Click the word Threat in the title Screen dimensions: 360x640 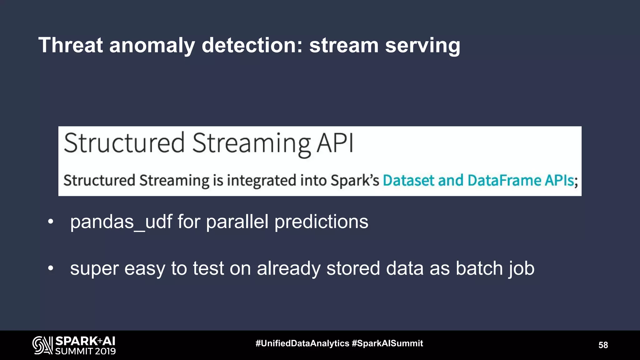pyautogui.click(x=70, y=45)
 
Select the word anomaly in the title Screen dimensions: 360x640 pyautogui.click(x=152, y=45)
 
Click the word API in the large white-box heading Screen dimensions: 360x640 pyautogui.click(x=335, y=143)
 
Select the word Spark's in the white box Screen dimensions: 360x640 pyautogui.click(x=355, y=180)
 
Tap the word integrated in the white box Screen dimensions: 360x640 pyautogui.click(x=261, y=180)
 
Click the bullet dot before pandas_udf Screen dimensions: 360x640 pyautogui.click(x=51, y=222)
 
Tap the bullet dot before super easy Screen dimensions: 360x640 pyautogui.click(x=51, y=268)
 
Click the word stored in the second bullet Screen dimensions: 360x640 pyautogui.click(x=353, y=268)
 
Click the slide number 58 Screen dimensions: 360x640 pyautogui.click(x=603, y=345)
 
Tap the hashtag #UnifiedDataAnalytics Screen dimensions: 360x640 pyautogui.click(x=302, y=343)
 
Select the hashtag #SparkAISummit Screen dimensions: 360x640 pyautogui.click(x=387, y=343)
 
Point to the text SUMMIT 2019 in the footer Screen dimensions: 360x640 pyautogui.click(x=85, y=351)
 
